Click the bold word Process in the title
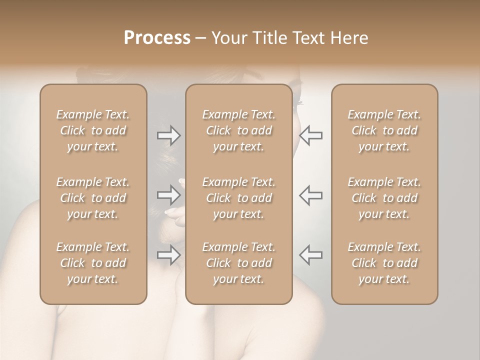pyautogui.click(x=157, y=38)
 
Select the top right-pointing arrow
pyautogui.click(x=169, y=135)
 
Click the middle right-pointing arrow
pyautogui.click(x=169, y=194)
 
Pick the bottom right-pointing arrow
pyautogui.click(x=169, y=254)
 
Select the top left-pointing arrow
pyautogui.click(x=311, y=135)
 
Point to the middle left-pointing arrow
pyautogui.click(x=311, y=194)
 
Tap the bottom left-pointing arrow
pyautogui.click(x=311, y=254)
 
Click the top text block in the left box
pyautogui.click(x=93, y=130)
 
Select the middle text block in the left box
pyautogui.click(x=93, y=198)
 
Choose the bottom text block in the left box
pyautogui.click(x=93, y=263)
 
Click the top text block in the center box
pyautogui.click(x=239, y=130)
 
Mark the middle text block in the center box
pyautogui.click(x=239, y=198)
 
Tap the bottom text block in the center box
pyautogui.click(x=239, y=263)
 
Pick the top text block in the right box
pyautogui.click(x=384, y=130)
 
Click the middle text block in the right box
pyautogui.click(x=384, y=198)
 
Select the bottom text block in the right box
pyautogui.click(x=384, y=263)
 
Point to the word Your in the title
pyautogui.click(x=228, y=38)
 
